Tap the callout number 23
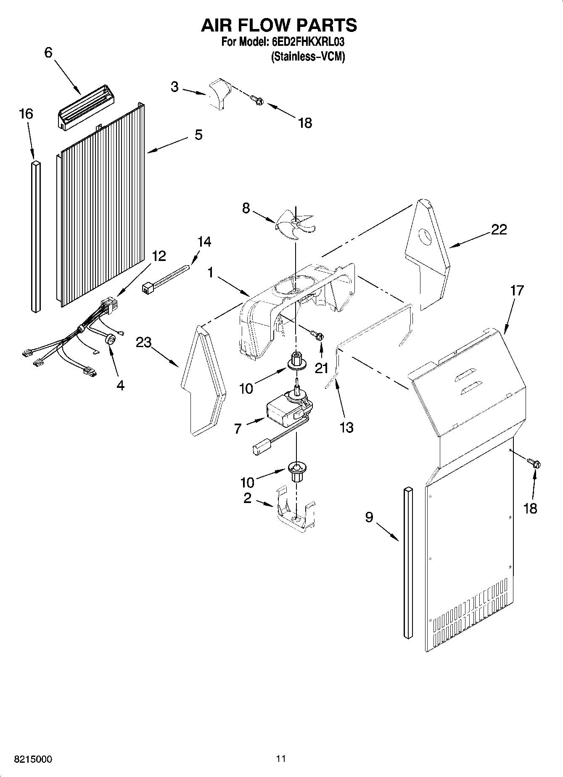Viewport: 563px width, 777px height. point(143,343)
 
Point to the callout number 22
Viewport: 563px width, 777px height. point(499,229)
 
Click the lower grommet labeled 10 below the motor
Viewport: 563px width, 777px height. point(296,470)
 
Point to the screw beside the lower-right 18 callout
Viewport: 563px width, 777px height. point(535,464)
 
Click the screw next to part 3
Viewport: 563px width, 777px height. point(256,99)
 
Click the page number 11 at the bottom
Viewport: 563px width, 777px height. point(281,759)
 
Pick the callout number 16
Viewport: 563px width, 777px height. point(26,114)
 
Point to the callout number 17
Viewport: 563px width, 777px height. point(517,290)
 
